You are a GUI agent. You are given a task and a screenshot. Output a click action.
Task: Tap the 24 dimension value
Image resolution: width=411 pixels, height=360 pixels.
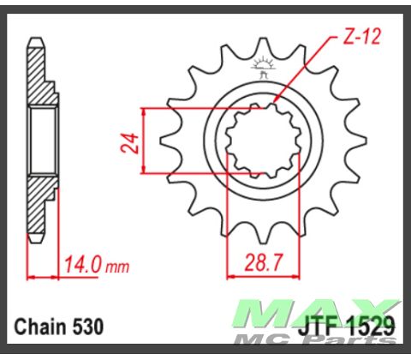click(x=128, y=141)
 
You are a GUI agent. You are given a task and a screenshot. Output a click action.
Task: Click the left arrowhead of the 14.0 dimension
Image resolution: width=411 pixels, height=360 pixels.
click(x=32, y=277)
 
